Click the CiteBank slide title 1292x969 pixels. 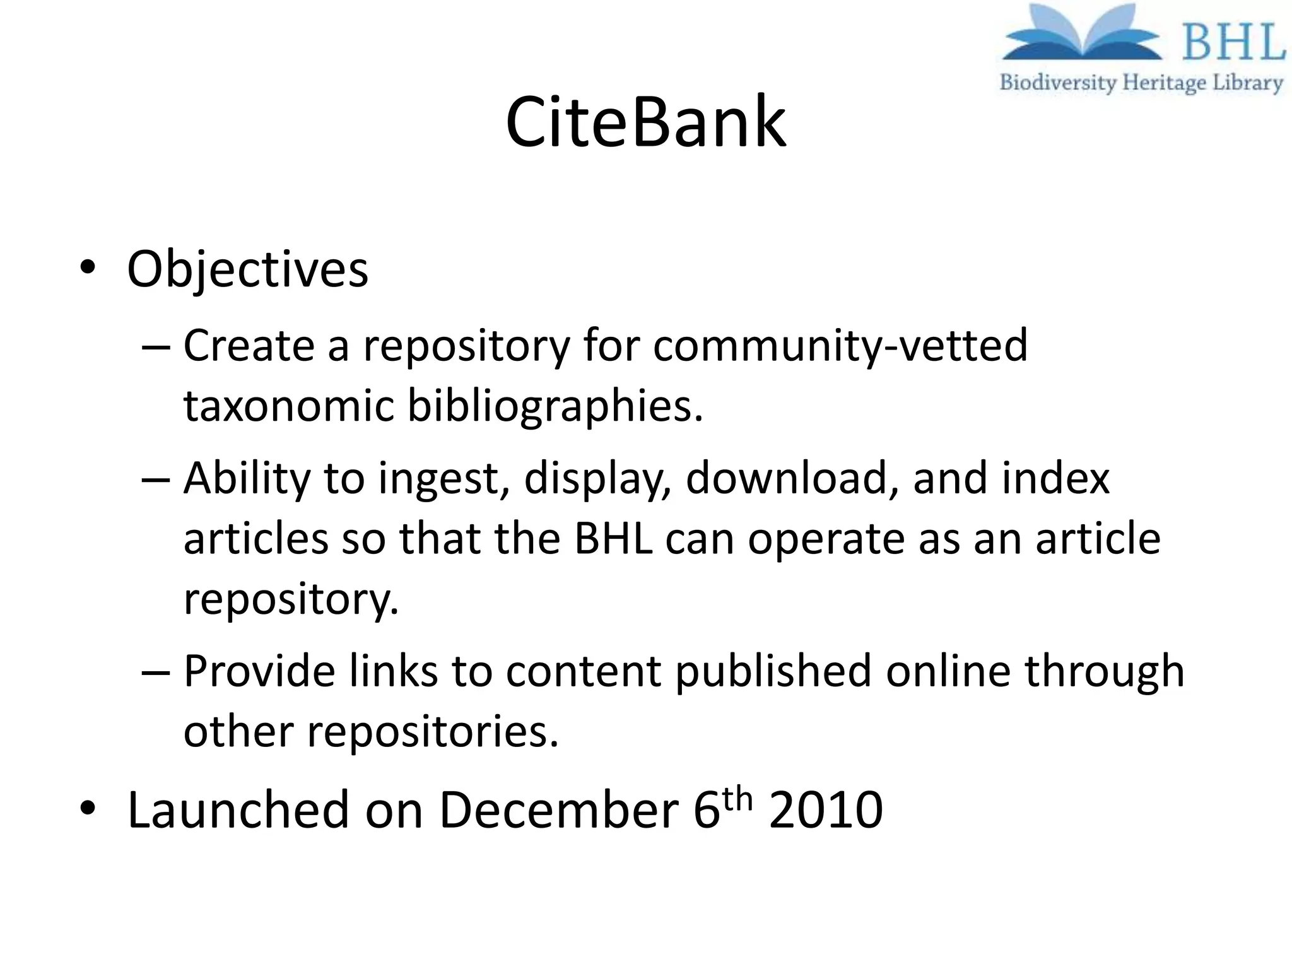(x=645, y=122)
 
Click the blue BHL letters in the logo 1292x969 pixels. (x=1233, y=42)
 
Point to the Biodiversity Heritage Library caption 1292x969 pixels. (x=1141, y=83)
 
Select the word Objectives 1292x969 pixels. (x=247, y=270)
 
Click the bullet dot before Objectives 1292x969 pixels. (x=88, y=267)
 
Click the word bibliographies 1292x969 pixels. (x=555, y=405)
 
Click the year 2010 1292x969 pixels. (x=826, y=810)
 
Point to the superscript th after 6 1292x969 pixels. (x=737, y=799)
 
